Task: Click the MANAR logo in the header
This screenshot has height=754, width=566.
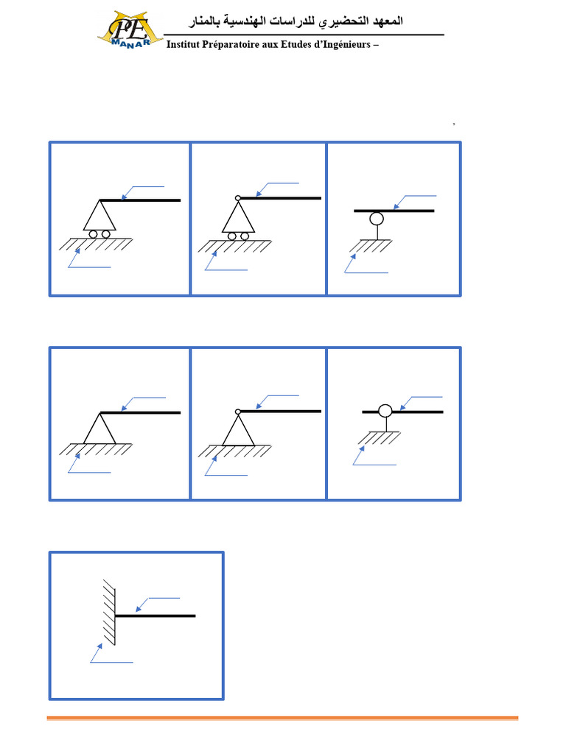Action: click(130, 29)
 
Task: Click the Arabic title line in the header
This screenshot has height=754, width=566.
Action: click(296, 21)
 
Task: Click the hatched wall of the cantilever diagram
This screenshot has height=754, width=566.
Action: click(109, 612)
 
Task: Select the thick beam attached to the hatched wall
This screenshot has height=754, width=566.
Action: click(156, 616)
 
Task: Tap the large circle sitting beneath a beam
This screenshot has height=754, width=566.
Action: click(377, 219)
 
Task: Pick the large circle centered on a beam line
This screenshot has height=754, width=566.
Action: click(385, 411)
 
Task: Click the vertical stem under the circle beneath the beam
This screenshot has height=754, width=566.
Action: click(377, 233)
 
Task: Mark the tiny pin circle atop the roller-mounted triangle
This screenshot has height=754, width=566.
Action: click(238, 197)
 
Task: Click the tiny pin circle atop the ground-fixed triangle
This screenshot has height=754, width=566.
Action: click(238, 412)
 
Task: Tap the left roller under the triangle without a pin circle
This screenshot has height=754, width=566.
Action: click(94, 234)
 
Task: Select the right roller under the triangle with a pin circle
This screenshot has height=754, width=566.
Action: click(245, 236)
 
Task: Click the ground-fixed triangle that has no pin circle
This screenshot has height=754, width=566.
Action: click(99, 428)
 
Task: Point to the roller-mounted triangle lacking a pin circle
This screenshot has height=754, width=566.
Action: click(99, 215)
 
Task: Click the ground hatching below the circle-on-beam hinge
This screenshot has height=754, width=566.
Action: click(380, 437)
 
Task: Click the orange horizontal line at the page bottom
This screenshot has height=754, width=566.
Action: click(282, 719)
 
